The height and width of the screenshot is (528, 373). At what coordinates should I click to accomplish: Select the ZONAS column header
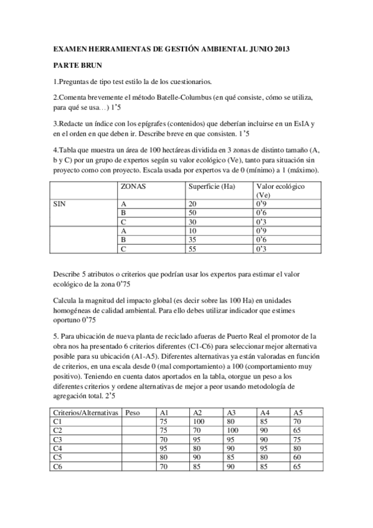[x=133, y=186]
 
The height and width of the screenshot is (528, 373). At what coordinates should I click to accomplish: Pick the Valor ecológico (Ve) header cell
[x=280, y=191]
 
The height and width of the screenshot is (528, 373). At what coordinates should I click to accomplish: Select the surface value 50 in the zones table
[x=193, y=212]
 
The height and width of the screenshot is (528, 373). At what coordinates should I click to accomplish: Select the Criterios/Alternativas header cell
[x=84, y=412]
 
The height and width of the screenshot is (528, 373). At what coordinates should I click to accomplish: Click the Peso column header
[x=132, y=412]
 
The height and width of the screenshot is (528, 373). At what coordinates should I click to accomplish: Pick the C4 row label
[x=58, y=448]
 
